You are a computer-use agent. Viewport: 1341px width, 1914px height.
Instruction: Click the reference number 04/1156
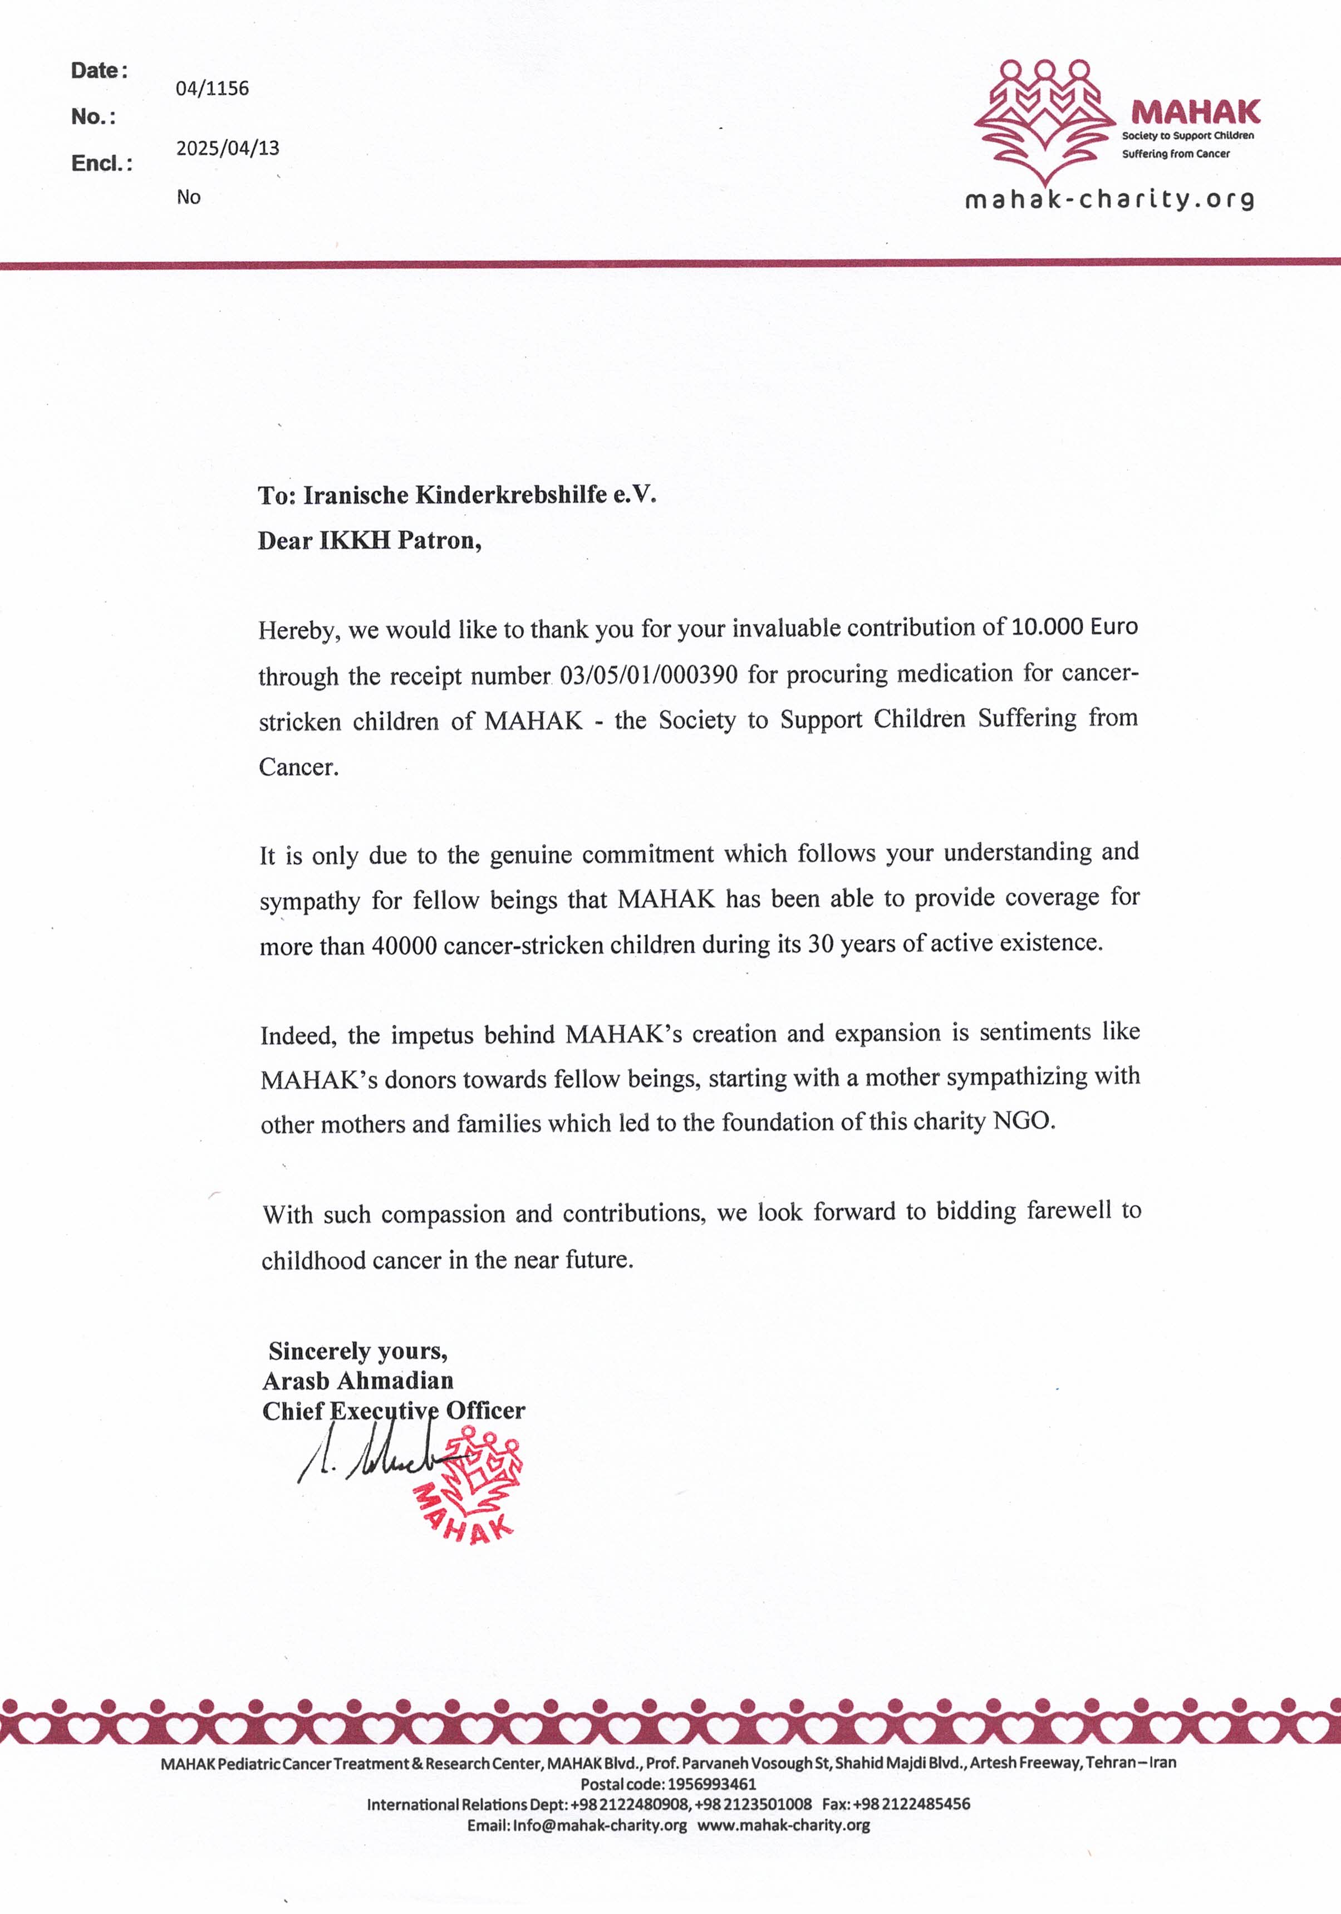[x=212, y=89]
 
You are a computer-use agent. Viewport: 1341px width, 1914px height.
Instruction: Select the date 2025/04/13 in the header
[x=228, y=148]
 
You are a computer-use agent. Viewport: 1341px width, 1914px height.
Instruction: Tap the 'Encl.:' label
[x=102, y=163]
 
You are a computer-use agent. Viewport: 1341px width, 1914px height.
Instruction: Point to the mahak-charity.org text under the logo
[x=1109, y=199]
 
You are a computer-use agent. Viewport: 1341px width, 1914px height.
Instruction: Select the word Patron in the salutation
[x=439, y=541]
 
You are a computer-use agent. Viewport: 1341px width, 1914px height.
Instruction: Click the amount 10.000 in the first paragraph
[x=1047, y=627]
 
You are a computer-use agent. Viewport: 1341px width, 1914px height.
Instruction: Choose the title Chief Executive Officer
[x=394, y=1411]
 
